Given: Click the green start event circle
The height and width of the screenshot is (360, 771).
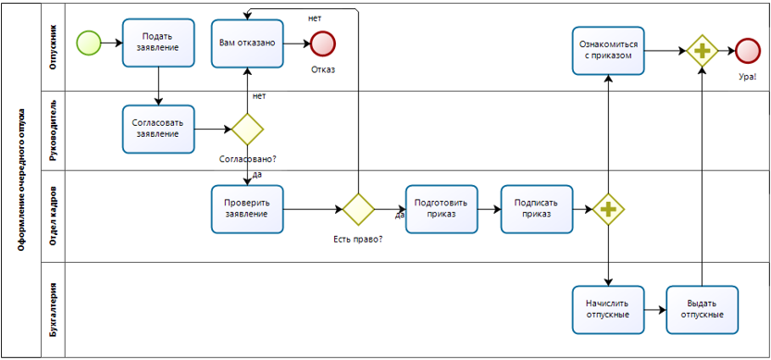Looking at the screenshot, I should (89, 42).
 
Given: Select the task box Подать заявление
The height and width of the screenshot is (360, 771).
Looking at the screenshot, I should (159, 43).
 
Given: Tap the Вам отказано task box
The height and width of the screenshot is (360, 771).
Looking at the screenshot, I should (247, 43).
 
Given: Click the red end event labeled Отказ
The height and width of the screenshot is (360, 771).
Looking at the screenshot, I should (323, 43).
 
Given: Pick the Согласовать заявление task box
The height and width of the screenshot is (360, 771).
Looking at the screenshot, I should (159, 129).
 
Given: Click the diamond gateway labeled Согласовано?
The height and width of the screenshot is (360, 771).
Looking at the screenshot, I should (247, 130).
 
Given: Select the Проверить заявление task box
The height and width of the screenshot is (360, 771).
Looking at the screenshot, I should (247, 208).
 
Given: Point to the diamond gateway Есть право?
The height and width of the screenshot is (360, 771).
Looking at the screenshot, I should (357, 209).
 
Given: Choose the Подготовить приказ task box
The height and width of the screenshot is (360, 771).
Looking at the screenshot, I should (441, 209).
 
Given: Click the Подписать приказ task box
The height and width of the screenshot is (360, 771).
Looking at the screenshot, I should (537, 209).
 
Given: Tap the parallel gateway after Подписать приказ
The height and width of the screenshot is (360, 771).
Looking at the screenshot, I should (608, 209).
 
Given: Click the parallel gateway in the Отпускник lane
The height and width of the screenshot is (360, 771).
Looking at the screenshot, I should (703, 51).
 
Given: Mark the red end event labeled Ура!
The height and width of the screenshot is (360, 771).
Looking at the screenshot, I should (747, 51).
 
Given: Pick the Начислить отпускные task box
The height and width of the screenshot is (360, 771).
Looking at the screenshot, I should (608, 308).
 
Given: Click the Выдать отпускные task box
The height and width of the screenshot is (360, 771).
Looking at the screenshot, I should (703, 308).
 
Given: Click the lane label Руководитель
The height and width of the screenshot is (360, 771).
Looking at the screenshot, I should (54, 130).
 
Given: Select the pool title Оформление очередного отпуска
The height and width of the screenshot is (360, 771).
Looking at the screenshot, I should (21, 180).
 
